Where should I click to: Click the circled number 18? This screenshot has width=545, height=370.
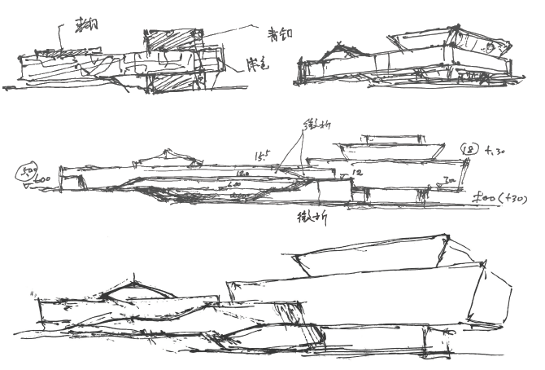pos(469,150)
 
